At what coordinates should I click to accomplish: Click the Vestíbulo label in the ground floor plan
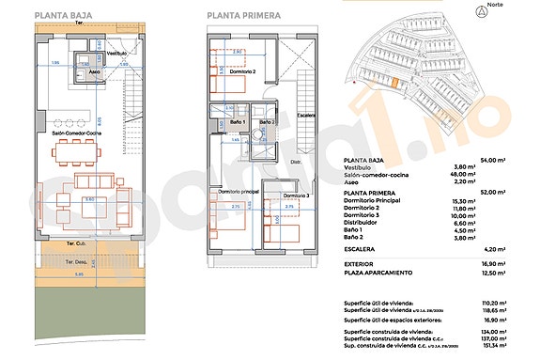pyautogui.click(x=116, y=54)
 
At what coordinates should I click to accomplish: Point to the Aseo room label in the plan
pyautogui.click(x=95, y=71)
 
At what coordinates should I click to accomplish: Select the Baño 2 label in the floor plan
pyautogui.click(x=267, y=122)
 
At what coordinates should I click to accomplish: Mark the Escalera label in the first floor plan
pyautogui.click(x=306, y=117)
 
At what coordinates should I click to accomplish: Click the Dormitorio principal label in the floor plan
pyautogui.click(x=239, y=192)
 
